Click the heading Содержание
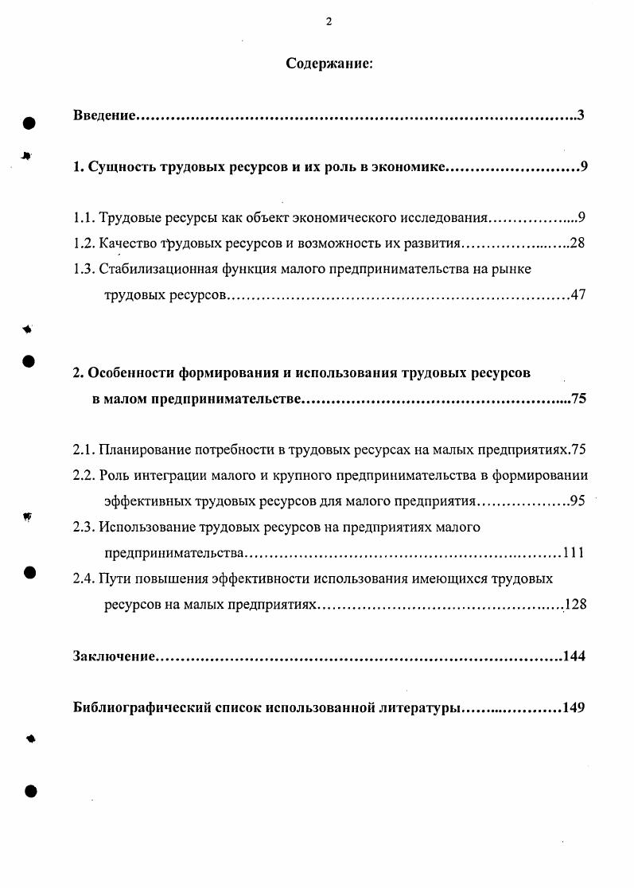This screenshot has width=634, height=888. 329,64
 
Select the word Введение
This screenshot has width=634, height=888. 103,116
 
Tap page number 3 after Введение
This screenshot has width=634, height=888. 581,116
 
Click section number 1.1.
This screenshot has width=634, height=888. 84,217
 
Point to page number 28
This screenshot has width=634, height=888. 578,243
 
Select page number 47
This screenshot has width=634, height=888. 578,295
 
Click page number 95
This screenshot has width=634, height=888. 578,501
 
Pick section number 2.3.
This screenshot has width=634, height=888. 84,527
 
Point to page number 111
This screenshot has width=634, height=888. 574,553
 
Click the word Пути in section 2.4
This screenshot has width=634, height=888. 116,578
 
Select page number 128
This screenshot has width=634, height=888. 574,605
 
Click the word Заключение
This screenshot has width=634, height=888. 112,656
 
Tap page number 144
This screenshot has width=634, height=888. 574,656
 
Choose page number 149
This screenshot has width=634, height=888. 574,708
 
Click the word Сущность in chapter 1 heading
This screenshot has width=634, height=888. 120,168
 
